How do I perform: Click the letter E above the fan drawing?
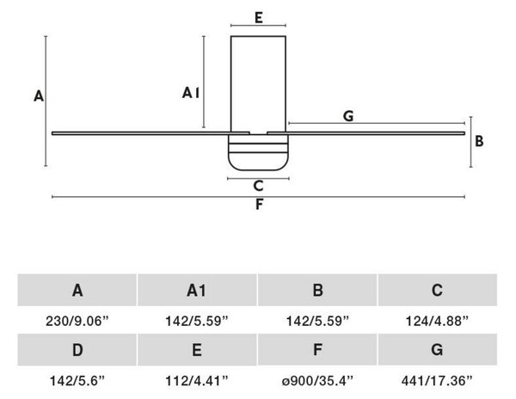259,17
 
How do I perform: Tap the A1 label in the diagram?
191,93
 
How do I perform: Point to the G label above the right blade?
348,116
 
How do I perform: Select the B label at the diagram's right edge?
479,141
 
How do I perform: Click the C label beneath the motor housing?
258,186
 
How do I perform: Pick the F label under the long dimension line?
259,205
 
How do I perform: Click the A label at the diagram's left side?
39,96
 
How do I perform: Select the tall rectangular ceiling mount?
258,84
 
